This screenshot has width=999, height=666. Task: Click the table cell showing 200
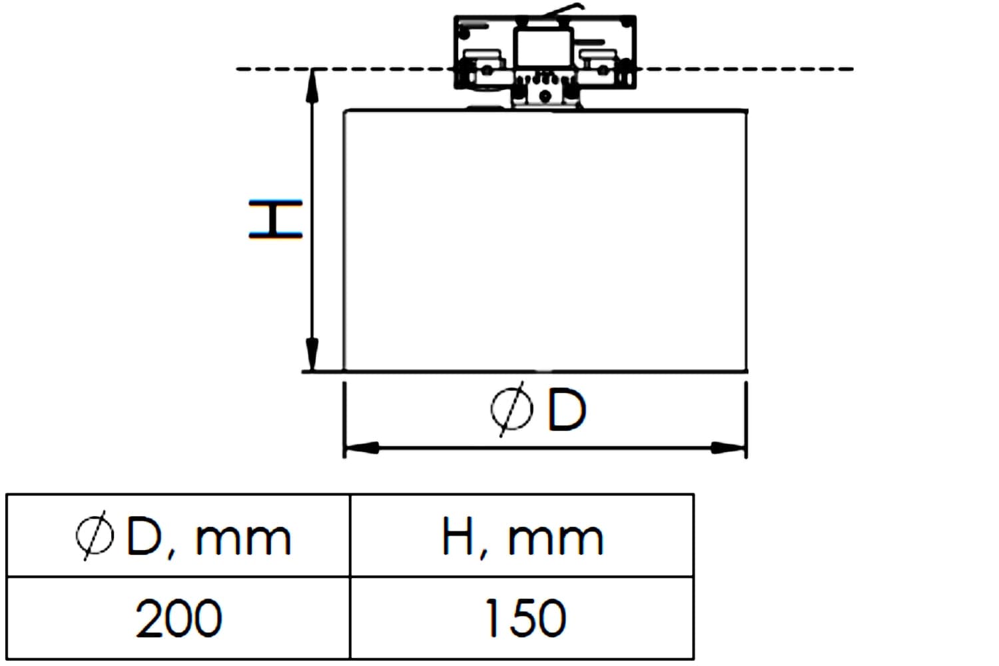tap(178, 618)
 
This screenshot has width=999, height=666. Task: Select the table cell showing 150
tap(522, 618)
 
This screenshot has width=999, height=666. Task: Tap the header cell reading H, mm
tap(522, 535)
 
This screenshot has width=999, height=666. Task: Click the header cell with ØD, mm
tap(178, 535)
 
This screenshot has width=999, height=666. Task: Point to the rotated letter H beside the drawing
tap(276, 219)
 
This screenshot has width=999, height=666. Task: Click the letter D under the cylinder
tap(566, 410)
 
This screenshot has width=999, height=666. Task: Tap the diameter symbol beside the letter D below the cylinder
tap(511, 409)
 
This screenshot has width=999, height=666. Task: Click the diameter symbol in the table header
tap(95, 535)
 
